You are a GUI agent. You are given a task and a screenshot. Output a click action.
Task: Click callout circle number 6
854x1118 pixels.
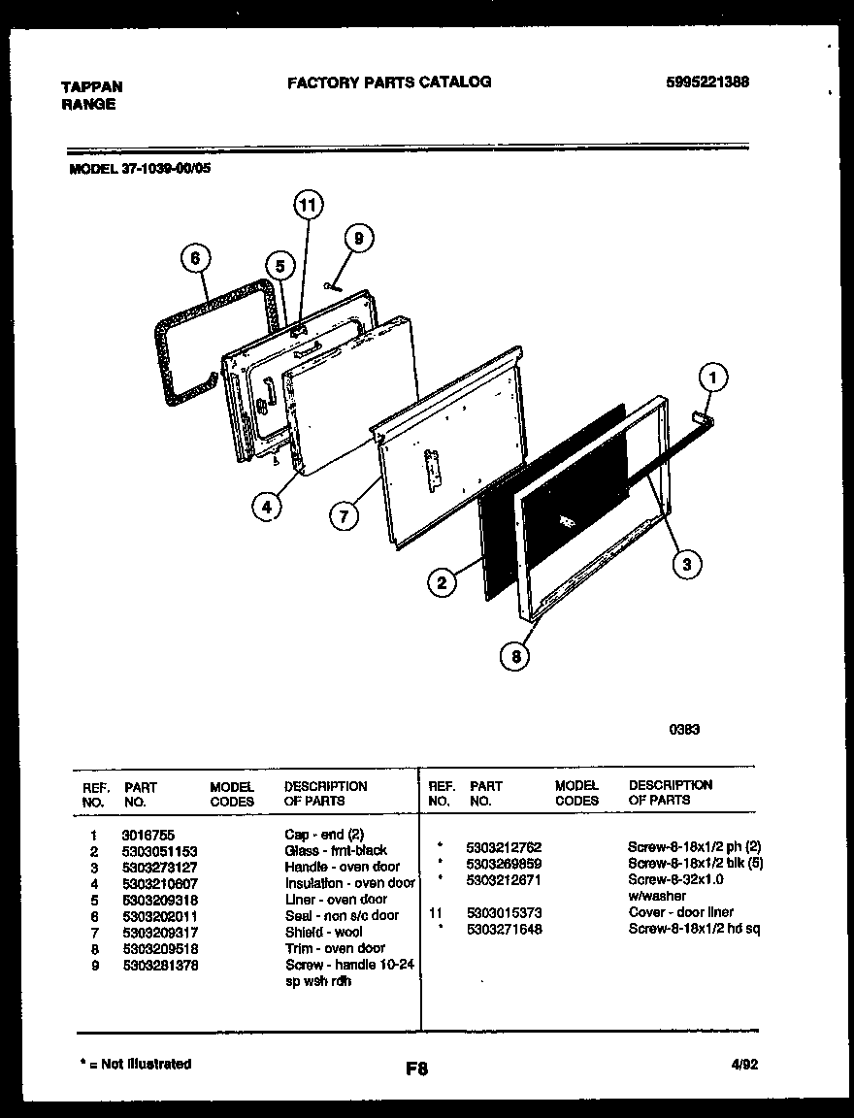[195, 258]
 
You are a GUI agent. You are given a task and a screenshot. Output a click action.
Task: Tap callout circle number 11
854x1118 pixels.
[308, 205]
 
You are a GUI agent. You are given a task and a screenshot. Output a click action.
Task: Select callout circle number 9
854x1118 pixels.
[358, 238]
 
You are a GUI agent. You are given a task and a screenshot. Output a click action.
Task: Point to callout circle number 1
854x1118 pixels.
[713, 376]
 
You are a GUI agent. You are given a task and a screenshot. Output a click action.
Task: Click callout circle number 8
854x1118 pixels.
[515, 657]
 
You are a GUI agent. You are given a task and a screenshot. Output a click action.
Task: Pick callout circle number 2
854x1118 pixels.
[442, 582]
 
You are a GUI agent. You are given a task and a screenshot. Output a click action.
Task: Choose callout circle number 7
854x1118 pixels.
[343, 516]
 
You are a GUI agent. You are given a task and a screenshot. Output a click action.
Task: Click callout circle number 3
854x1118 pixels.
[686, 564]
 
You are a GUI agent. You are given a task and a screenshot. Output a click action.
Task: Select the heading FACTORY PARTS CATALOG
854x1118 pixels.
[388, 82]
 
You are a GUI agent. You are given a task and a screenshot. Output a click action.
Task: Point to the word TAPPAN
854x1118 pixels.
[91, 86]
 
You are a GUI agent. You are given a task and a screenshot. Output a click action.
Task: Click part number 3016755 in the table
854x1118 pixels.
[148, 835]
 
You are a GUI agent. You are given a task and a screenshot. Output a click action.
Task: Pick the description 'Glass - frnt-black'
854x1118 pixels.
[336, 850]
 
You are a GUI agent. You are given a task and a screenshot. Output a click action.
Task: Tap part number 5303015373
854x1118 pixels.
[504, 912]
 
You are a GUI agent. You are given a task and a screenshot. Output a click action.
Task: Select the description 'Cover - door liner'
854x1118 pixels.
[680, 912]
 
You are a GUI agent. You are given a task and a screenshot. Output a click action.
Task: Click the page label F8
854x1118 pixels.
[416, 1069]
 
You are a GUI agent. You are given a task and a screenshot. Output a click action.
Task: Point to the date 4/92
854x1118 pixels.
[744, 1065]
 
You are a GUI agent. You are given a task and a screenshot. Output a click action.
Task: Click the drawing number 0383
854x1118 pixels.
[684, 730]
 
